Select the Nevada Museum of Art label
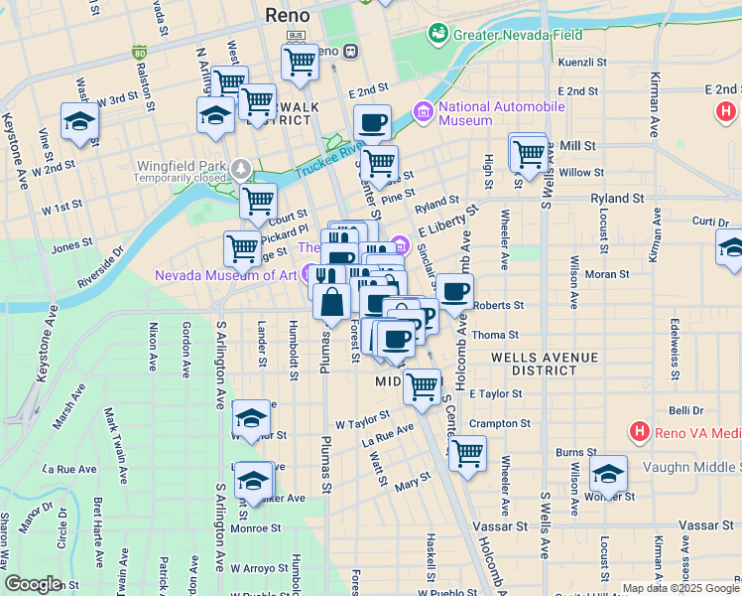point(226,275)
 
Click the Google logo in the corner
point(33,584)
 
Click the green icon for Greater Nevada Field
point(436,35)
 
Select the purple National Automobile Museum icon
point(424,110)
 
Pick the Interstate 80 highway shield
point(139,52)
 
